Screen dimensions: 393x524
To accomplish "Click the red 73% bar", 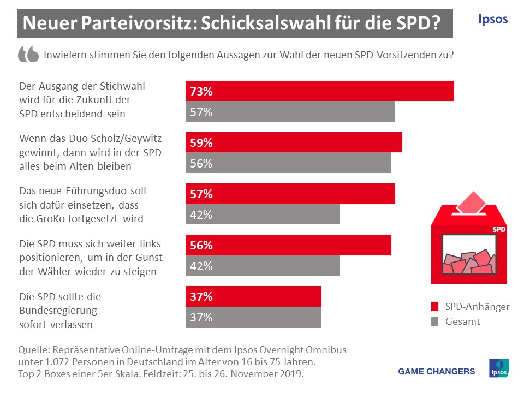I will point(320,91).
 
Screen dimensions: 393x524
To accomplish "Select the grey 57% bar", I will point(290,112).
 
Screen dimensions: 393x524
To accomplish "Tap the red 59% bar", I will point(294,142).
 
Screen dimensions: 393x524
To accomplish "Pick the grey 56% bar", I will point(288,163).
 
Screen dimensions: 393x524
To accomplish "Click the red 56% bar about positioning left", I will point(288,245).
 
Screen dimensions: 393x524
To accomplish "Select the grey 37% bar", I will point(253,317).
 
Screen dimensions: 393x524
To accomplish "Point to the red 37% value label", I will point(201,297).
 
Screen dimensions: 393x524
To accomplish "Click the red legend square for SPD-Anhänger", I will point(435,307).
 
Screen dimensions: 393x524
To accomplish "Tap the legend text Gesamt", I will point(463,321).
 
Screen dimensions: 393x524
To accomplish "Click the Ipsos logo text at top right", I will point(492,20).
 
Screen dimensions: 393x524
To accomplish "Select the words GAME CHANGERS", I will point(437,372).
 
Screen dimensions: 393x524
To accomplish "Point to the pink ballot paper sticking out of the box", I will point(471,203).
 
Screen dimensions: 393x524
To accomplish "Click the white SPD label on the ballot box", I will point(499,230).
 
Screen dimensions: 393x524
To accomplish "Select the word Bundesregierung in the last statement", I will point(58,311).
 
